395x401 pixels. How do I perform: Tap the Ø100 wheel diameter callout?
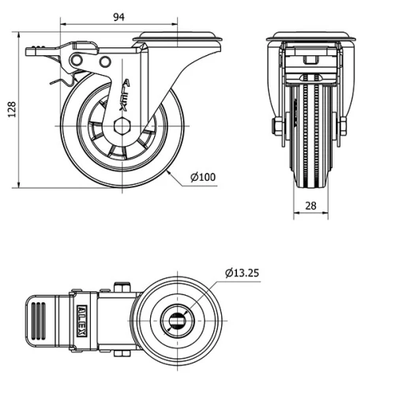click(x=204, y=177)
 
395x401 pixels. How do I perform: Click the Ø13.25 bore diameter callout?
click(x=243, y=273)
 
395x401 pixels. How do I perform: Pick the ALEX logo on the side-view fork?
click(x=122, y=90)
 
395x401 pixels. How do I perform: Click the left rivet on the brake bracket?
click(x=80, y=62)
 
